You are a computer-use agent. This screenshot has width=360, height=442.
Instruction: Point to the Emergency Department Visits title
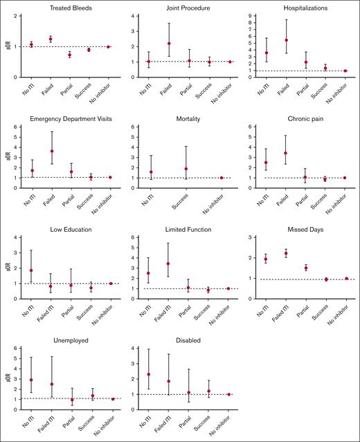tap(69, 119)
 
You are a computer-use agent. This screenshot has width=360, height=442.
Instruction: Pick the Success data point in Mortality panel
tap(186, 169)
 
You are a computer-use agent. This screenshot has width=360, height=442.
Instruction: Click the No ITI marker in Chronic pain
tap(267, 163)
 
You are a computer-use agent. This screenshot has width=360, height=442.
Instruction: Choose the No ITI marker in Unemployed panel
tap(30, 380)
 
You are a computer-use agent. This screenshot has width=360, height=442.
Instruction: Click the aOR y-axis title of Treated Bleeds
tap(6, 47)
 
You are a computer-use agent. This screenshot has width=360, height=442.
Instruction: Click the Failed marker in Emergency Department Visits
tap(49, 151)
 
